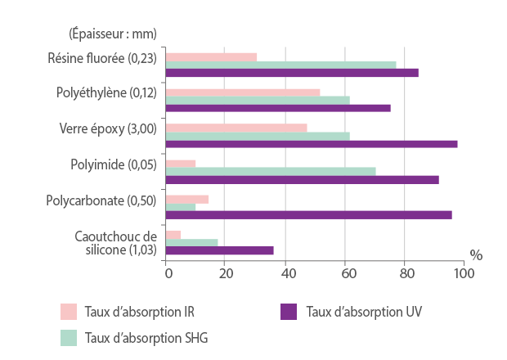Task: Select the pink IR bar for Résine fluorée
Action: point(211,57)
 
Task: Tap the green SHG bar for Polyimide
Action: point(271,171)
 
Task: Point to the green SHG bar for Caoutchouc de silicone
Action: point(192,242)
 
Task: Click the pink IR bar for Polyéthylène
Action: point(243,92)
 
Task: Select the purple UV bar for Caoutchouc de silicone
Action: point(220,250)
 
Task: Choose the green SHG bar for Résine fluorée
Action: point(280,65)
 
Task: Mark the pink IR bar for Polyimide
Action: point(181,164)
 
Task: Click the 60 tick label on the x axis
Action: point(345,273)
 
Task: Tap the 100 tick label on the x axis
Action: point(464,273)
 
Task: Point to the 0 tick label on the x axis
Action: point(167,273)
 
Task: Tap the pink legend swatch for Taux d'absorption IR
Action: point(69,312)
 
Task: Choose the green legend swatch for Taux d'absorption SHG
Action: point(69,337)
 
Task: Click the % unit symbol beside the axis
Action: point(476,254)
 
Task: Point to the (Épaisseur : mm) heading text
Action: point(111,34)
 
